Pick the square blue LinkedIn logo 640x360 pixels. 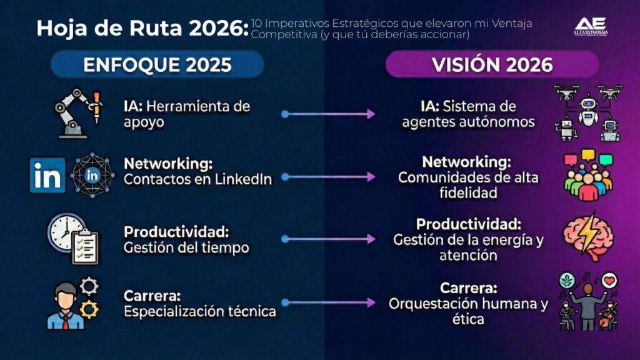pos(47,176)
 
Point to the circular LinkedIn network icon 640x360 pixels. pos(92,176)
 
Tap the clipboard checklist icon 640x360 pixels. pos(84,246)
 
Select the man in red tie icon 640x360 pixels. pos(65,305)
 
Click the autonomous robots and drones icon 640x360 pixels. pos(587,113)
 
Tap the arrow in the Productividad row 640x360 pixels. pos(329,239)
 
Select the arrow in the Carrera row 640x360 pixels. pos(329,302)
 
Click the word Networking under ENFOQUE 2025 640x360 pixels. pos(168,164)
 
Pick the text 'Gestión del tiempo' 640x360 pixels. pos(186,247)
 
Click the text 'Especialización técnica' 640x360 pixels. pos(200,311)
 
